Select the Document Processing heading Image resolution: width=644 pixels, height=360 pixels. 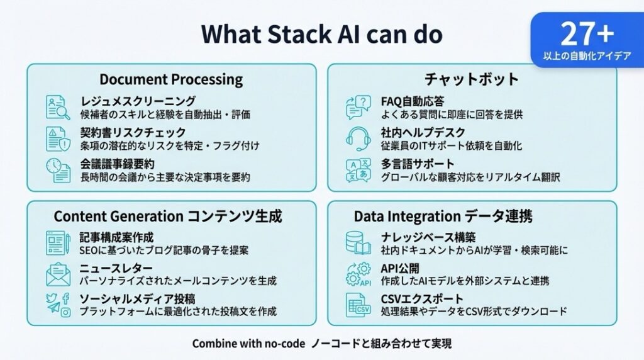pos(171,80)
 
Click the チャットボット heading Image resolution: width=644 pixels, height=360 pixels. pos(472,80)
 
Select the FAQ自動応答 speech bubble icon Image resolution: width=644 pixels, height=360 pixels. pos(358,108)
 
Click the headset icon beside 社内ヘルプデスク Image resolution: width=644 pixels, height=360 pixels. pos(358,138)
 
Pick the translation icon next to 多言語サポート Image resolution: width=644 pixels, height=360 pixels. pos(358,170)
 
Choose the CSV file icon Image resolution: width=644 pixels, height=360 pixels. pos(358,305)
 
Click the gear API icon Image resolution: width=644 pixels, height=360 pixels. pos(358,274)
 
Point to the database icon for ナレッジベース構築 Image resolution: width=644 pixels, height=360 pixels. pos(358,244)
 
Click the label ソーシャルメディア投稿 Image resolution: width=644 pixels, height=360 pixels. pos(138,299)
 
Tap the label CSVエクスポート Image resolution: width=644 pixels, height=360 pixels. pos(422,299)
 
